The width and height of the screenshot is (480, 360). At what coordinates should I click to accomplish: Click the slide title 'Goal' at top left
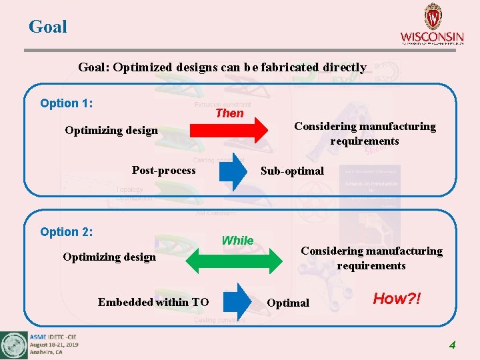(48, 27)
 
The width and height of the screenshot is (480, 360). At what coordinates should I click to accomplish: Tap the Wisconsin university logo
(432, 24)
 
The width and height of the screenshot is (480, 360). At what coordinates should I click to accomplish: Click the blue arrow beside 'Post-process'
(233, 173)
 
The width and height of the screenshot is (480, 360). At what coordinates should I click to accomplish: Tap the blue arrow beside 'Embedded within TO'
(235, 302)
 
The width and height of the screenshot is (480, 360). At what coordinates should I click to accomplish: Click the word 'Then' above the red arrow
(229, 113)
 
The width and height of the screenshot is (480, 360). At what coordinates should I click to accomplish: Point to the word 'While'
(237, 241)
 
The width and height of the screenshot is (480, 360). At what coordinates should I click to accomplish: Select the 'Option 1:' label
(66, 103)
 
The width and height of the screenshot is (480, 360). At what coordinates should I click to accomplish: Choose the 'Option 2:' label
(66, 232)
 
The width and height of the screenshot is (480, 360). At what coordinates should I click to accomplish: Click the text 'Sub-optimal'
(292, 171)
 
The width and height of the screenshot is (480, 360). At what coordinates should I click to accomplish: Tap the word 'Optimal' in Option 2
(288, 303)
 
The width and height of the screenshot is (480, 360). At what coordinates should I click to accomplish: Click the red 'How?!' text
(397, 299)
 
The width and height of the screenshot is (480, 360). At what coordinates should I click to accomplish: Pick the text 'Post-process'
(164, 170)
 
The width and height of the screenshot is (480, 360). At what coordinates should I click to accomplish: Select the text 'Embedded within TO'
(153, 302)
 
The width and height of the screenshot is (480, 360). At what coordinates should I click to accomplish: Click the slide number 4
(452, 345)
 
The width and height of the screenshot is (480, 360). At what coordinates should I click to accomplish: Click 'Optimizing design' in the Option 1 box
(111, 130)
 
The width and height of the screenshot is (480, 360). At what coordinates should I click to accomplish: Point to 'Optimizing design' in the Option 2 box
(109, 257)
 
